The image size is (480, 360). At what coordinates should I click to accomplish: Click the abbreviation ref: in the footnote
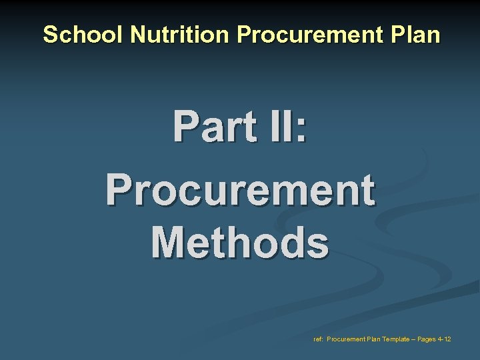(318, 339)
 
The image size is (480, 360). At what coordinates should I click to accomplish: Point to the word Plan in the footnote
(375, 339)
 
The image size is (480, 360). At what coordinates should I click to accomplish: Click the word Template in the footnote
(397, 339)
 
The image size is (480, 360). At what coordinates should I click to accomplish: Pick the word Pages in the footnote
(426, 339)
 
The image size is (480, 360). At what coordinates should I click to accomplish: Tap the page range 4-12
(445, 339)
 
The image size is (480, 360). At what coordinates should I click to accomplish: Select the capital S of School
(49, 35)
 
